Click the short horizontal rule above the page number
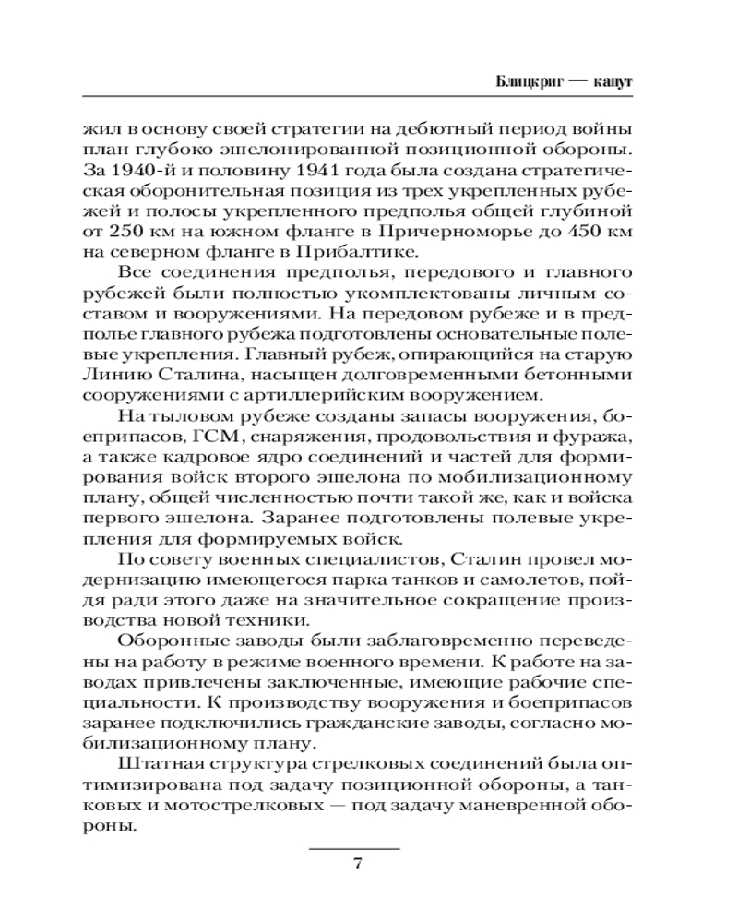pyautogui.click(x=354, y=847)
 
